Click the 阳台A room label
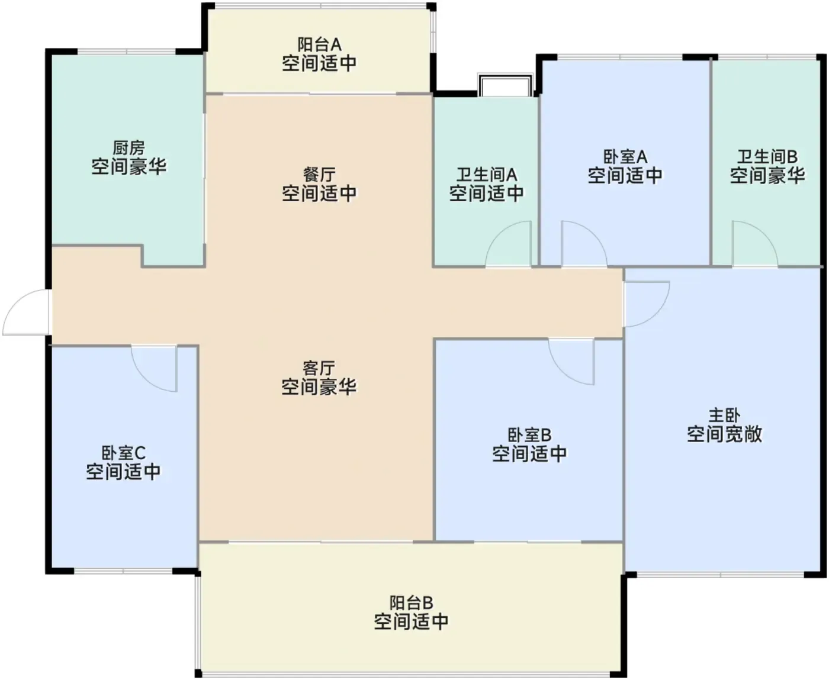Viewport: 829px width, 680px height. point(319,44)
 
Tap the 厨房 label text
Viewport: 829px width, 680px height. point(129,148)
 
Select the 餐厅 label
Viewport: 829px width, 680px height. point(319,175)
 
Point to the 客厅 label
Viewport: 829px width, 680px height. point(319,369)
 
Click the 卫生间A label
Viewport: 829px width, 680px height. point(487,175)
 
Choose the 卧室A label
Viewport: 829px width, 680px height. point(625,157)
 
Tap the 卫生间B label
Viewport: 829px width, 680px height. point(767,157)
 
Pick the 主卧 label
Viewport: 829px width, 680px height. point(724,415)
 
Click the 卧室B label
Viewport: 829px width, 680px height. point(529,435)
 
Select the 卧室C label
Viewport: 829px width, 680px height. point(123,453)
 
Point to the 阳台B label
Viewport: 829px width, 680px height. point(411,602)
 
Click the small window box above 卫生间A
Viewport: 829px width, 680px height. point(505,84)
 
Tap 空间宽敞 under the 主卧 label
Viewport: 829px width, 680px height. point(724,434)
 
